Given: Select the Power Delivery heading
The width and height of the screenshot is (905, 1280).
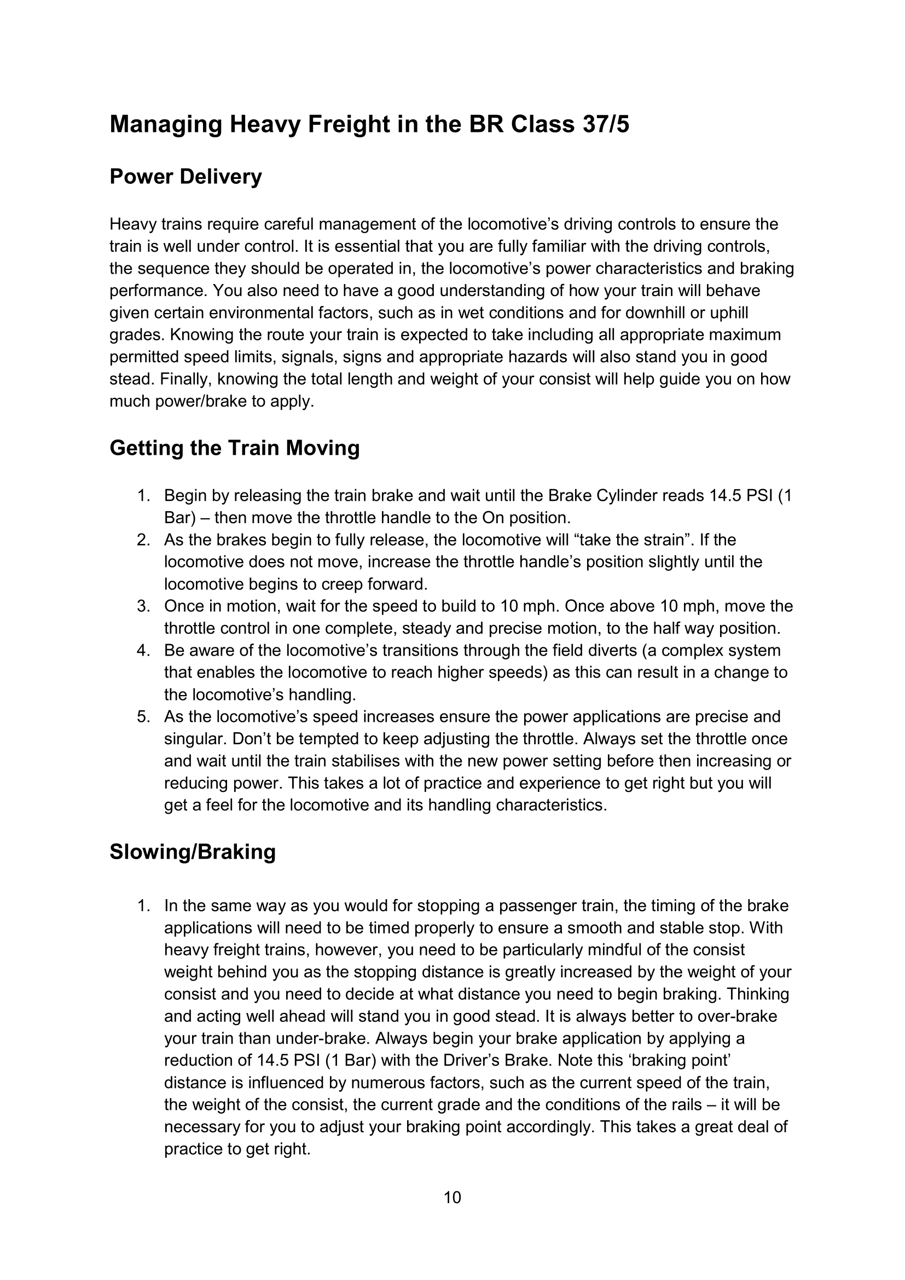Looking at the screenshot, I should tap(185, 177).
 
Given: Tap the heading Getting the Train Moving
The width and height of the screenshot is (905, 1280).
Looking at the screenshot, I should tap(235, 448).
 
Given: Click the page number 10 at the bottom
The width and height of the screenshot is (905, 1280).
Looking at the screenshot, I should tap(452, 1197).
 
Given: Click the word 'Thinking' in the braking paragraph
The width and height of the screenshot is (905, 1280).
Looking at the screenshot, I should tap(758, 994).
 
